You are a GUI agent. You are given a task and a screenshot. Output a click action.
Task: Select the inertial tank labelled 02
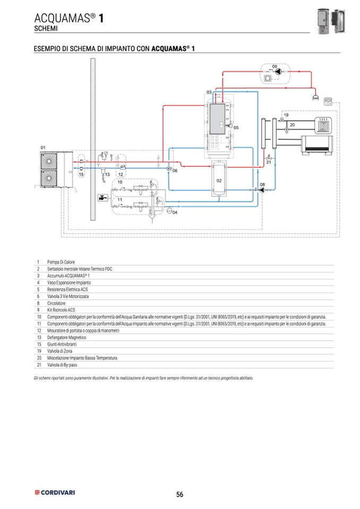tap(218, 180)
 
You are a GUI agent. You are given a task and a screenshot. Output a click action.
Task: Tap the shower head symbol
tap(315, 98)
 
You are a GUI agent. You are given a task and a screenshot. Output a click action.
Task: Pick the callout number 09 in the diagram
tap(275, 66)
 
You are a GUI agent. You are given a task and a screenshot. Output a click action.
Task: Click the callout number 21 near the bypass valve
tap(269, 162)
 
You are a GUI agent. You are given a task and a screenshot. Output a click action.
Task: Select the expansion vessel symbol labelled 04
tap(168, 211)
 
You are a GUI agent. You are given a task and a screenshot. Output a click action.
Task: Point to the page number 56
tap(179, 495)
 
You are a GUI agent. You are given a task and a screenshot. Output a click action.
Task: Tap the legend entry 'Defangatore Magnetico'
tap(67, 337)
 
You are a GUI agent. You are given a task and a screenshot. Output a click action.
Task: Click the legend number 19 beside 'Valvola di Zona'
tap(39, 351)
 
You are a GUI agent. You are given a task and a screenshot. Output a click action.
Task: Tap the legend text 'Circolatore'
tap(58, 303)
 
